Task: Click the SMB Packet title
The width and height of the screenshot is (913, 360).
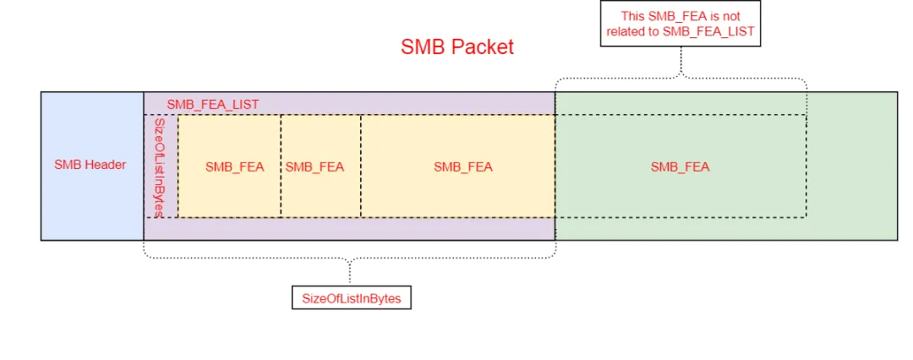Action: point(456,46)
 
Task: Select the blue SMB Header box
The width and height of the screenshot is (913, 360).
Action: point(91,165)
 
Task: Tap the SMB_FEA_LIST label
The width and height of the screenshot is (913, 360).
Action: point(212,104)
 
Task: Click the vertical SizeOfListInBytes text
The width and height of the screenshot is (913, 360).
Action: point(160,166)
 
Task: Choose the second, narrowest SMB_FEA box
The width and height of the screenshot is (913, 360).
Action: point(314,166)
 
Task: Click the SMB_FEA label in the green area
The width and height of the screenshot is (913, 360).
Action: point(680,166)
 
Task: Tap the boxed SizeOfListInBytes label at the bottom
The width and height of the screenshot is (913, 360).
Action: point(351,298)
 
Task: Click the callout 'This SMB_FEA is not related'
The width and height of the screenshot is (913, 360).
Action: point(681,23)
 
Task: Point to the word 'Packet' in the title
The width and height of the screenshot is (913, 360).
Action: point(482,46)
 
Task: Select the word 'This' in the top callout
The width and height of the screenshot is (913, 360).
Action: point(633,15)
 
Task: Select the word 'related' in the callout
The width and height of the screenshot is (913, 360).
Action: point(626,31)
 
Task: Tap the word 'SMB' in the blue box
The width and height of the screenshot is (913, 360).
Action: point(68,165)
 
